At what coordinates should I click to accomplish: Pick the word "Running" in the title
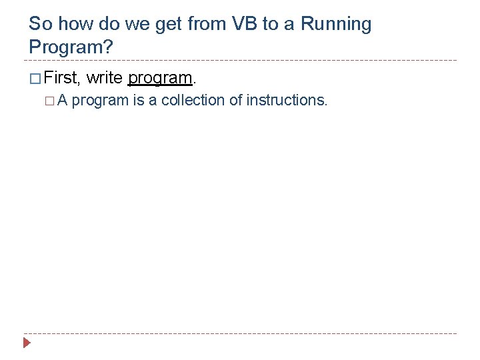click(x=336, y=25)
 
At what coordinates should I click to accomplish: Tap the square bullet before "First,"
click(x=35, y=79)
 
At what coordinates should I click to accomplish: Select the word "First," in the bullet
click(x=63, y=78)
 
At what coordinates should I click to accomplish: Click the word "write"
click(x=105, y=78)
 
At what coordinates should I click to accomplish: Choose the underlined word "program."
click(x=161, y=79)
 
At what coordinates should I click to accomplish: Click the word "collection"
click(x=192, y=100)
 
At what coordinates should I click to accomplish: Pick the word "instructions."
click(x=287, y=100)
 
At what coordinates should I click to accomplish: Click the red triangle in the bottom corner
click(x=27, y=343)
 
